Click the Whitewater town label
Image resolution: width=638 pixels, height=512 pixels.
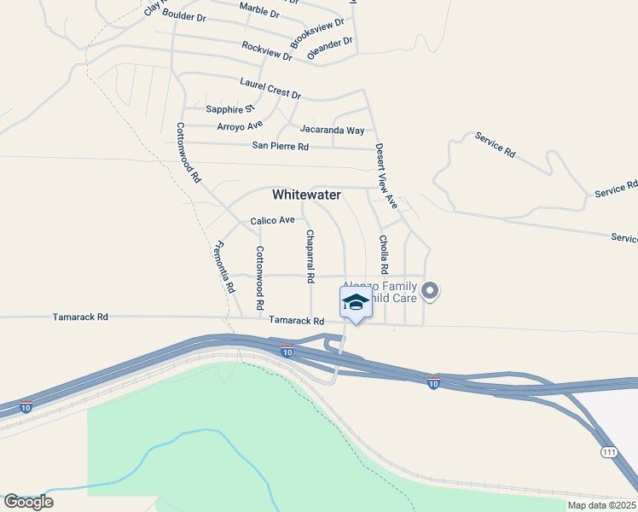coord(306,195)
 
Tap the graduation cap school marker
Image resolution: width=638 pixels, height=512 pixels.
coord(356,303)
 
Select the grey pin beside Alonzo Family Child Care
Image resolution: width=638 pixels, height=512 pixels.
coord(431,292)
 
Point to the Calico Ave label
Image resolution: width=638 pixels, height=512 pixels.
coord(272,220)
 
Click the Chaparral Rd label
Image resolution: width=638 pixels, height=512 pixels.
coord(310,256)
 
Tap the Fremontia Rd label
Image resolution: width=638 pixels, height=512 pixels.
coord(225,267)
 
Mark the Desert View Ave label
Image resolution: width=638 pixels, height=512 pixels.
coord(386,176)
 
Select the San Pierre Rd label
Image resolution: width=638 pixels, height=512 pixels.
coord(280,146)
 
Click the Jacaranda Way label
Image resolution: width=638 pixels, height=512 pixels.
coord(332,130)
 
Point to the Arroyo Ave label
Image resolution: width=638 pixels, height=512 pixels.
coord(240,126)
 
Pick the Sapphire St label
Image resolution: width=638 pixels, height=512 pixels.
coord(230,109)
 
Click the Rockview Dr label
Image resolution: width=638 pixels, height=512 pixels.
coord(267,51)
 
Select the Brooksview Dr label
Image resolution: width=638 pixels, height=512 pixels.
coord(316,33)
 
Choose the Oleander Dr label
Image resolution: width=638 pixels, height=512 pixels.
coord(330,48)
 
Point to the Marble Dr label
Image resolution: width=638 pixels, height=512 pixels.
coord(259,10)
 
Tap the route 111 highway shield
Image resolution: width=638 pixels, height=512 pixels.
coord(608,451)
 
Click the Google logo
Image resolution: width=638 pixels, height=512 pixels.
coord(28,502)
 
